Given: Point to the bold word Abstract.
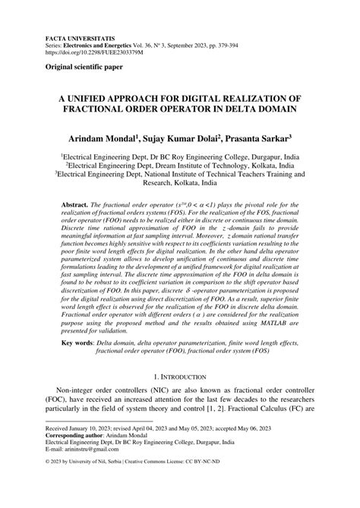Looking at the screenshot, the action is (74, 207).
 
